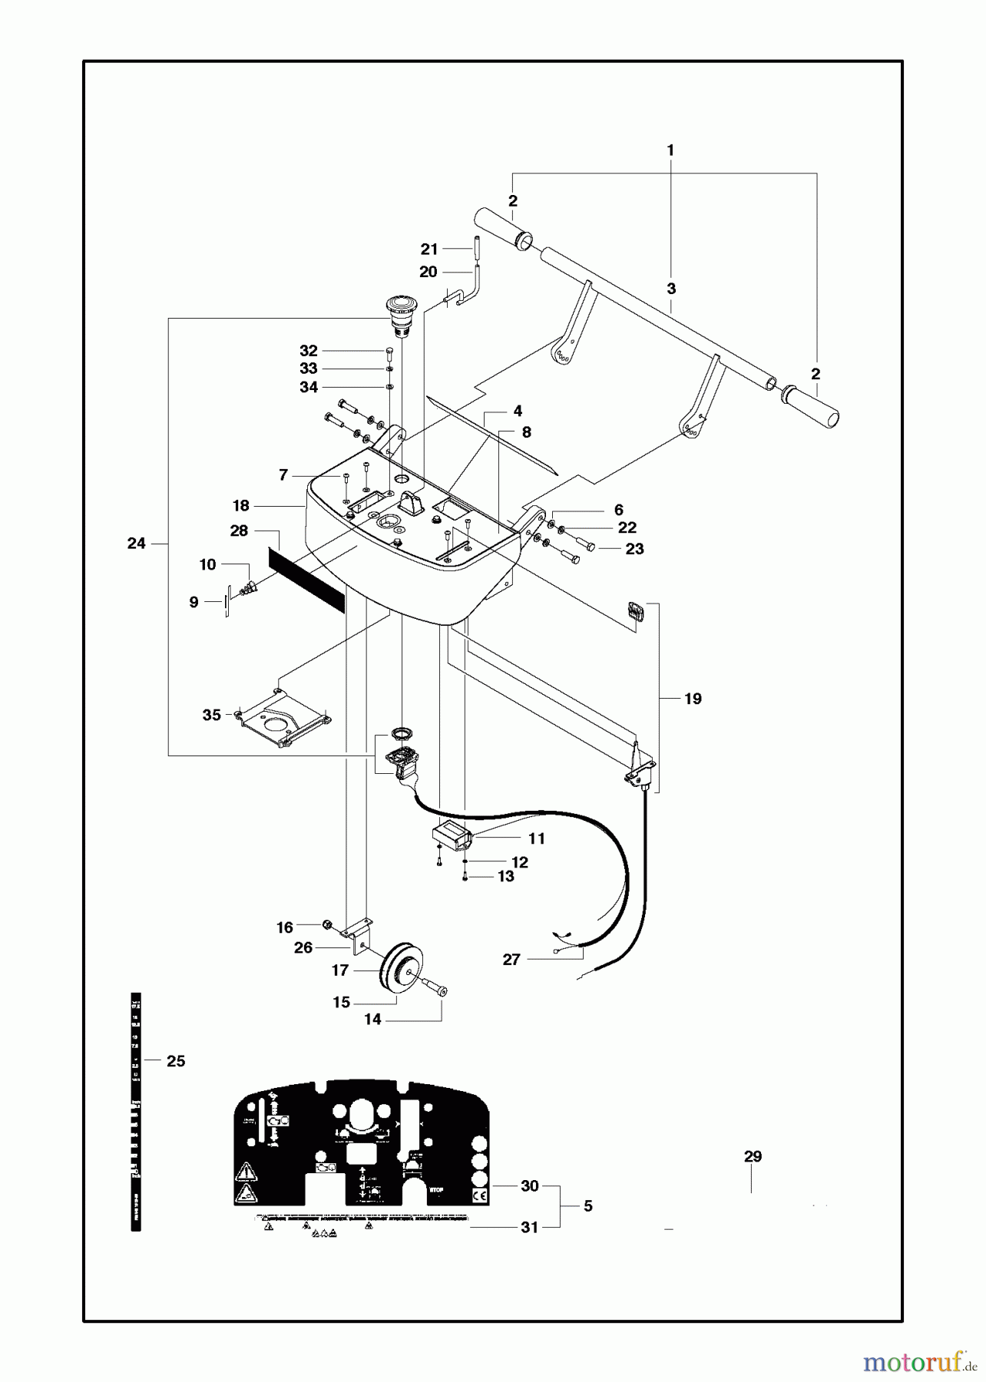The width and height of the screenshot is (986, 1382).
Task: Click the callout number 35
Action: coord(212,715)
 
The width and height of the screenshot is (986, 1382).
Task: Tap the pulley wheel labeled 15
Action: coord(401,970)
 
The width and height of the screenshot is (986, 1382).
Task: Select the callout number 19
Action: coord(693,699)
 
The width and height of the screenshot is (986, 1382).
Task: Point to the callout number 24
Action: coord(136,544)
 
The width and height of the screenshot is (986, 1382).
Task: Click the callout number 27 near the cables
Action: coord(511,959)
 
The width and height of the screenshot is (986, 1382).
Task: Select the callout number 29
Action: coord(753,1156)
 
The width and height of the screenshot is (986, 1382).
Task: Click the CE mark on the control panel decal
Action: coord(479,1195)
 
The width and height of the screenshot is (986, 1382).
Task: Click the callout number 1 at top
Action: coord(670,150)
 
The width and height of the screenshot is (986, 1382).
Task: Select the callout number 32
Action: coord(309,351)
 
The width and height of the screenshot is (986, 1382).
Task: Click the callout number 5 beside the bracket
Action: coord(588,1206)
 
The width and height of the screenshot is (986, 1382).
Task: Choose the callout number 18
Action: coord(241,505)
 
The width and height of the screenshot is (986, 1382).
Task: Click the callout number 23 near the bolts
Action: coord(634,549)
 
